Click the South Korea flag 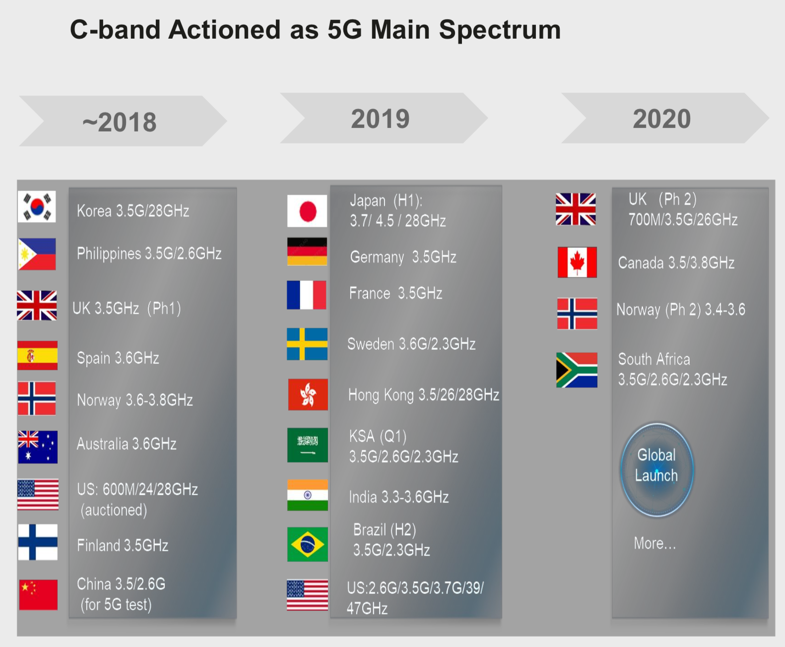(x=37, y=206)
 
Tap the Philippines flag (x=37, y=254)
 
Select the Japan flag (x=307, y=211)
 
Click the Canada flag (x=577, y=262)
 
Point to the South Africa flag (x=577, y=370)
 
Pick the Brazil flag (x=308, y=544)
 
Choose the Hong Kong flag (x=308, y=394)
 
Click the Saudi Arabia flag (x=308, y=445)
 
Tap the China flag (x=38, y=595)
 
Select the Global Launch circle (x=657, y=470)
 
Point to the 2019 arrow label (x=380, y=119)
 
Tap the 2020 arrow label (x=661, y=119)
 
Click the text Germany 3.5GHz (x=403, y=257)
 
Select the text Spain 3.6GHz (x=118, y=358)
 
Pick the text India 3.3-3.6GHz (x=398, y=497)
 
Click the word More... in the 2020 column (x=654, y=543)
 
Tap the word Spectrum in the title (x=500, y=30)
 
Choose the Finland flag (x=38, y=542)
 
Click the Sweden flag (x=307, y=344)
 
